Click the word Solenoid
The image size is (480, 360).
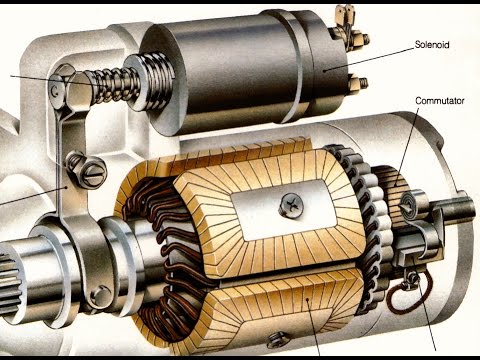click(x=432, y=44)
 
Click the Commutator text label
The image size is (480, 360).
click(x=440, y=101)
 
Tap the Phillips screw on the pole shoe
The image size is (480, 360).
click(x=292, y=203)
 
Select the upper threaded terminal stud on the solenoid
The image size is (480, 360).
click(x=361, y=38)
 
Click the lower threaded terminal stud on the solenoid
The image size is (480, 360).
click(x=359, y=83)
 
